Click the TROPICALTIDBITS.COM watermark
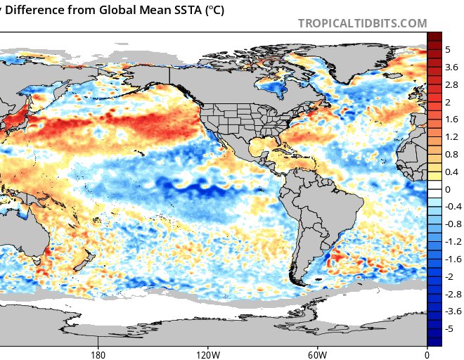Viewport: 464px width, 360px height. [x=362, y=23]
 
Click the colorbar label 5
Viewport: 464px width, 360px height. [x=448, y=49]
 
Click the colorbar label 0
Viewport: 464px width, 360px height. [x=448, y=189]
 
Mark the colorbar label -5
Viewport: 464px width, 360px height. [x=450, y=329]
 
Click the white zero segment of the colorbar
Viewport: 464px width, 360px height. [x=434, y=189]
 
